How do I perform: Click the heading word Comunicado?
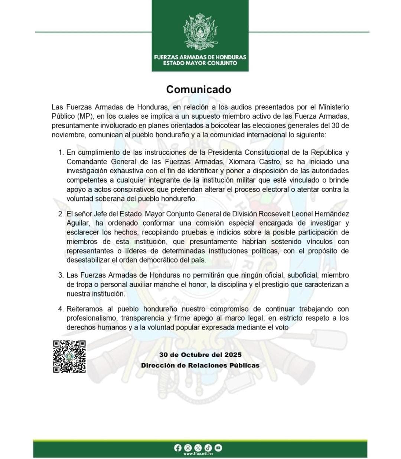coord(199,89)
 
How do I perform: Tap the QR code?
coord(69,357)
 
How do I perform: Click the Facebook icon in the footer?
coord(177,448)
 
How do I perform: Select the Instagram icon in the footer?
coord(188,448)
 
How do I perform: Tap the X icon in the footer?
coord(198,448)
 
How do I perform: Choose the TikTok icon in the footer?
coord(208,448)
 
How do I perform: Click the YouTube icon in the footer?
coord(218,448)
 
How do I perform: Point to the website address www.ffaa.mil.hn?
coord(198,454)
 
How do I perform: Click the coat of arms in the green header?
coord(200,33)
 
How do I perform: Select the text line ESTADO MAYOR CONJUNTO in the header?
coord(200,63)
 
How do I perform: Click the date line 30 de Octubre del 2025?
coord(200,355)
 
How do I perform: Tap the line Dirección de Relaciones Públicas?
coord(200,365)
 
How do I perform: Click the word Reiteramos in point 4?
coord(84,309)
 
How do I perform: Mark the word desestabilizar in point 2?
coord(91,260)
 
